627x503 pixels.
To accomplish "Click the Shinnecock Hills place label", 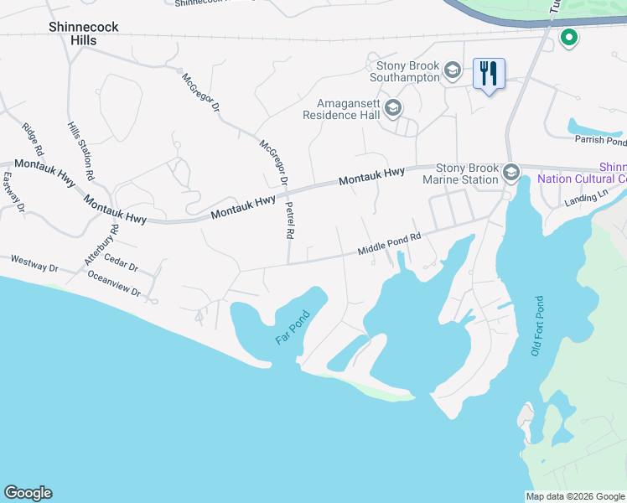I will (x=83, y=34).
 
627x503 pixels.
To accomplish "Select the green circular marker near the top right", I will (x=569, y=38).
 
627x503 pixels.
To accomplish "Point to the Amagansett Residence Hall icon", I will (x=393, y=107).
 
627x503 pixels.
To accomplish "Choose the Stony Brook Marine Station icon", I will (x=510, y=174).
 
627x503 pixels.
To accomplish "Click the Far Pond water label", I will (x=293, y=329).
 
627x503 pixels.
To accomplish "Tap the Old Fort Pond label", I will (x=536, y=326).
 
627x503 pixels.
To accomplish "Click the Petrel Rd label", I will (x=289, y=220).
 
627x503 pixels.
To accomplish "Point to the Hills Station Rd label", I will (x=80, y=153).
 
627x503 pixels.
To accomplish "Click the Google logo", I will (x=28, y=493).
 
